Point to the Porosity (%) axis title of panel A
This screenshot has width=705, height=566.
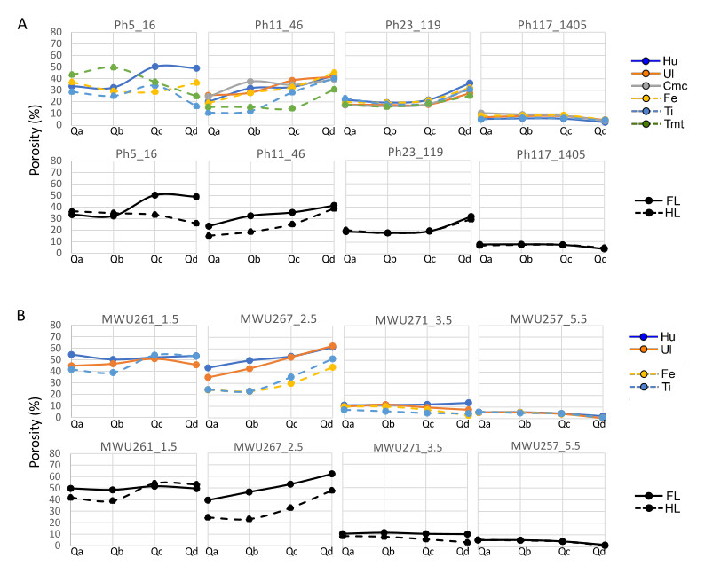coord(32,146)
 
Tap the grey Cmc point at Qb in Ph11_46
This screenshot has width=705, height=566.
coord(251,82)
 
